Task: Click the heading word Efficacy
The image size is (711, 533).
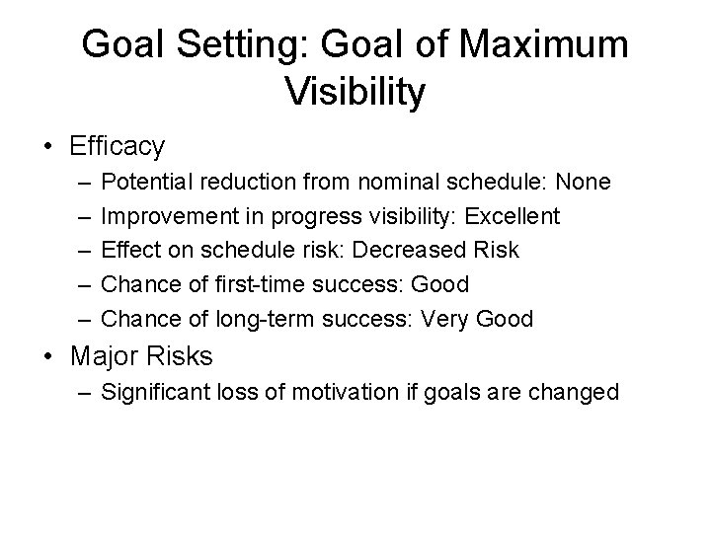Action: pyautogui.click(x=118, y=147)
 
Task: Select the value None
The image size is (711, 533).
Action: pyautogui.click(x=583, y=183)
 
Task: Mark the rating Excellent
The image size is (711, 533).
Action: pyautogui.click(x=513, y=216)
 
